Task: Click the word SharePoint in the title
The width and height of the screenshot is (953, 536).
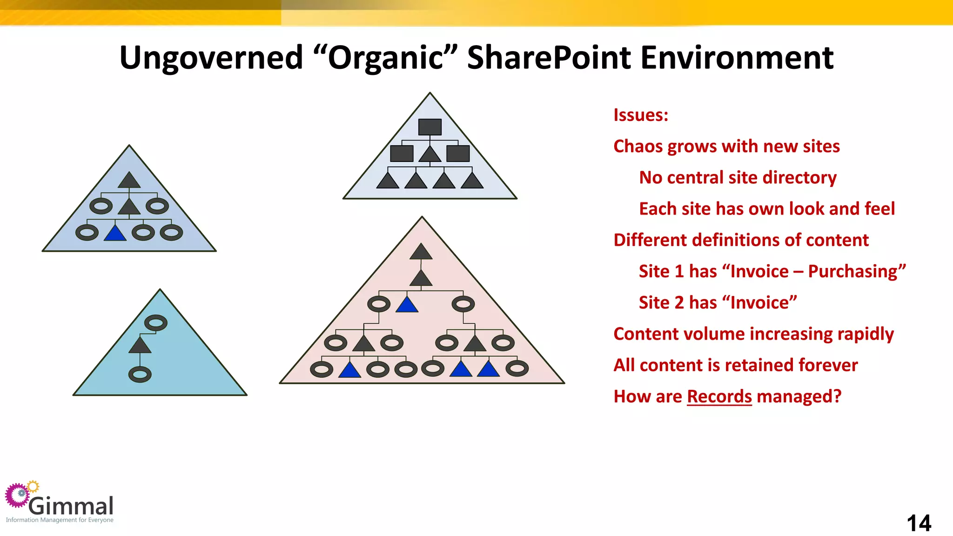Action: tap(549, 58)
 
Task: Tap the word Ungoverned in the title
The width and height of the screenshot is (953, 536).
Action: tap(211, 58)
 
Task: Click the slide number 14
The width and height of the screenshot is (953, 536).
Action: tap(919, 523)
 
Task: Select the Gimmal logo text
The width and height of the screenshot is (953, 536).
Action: tap(71, 506)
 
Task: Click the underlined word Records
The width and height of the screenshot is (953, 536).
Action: tap(719, 396)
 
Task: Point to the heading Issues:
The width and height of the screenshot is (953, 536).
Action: tap(641, 115)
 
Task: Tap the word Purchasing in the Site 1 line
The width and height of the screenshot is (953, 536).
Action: tap(857, 271)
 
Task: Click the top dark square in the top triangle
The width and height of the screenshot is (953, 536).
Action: tap(430, 127)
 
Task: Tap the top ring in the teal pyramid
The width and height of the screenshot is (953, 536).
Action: tap(156, 323)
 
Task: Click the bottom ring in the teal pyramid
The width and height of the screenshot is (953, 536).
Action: tap(140, 375)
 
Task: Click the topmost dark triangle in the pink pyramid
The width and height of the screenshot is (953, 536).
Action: tap(421, 252)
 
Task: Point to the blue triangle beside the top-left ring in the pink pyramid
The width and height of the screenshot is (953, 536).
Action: tap(407, 305)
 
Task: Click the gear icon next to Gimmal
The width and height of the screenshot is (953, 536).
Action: tap(19, 495)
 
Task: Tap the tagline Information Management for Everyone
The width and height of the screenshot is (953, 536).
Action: tap(60, 520)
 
